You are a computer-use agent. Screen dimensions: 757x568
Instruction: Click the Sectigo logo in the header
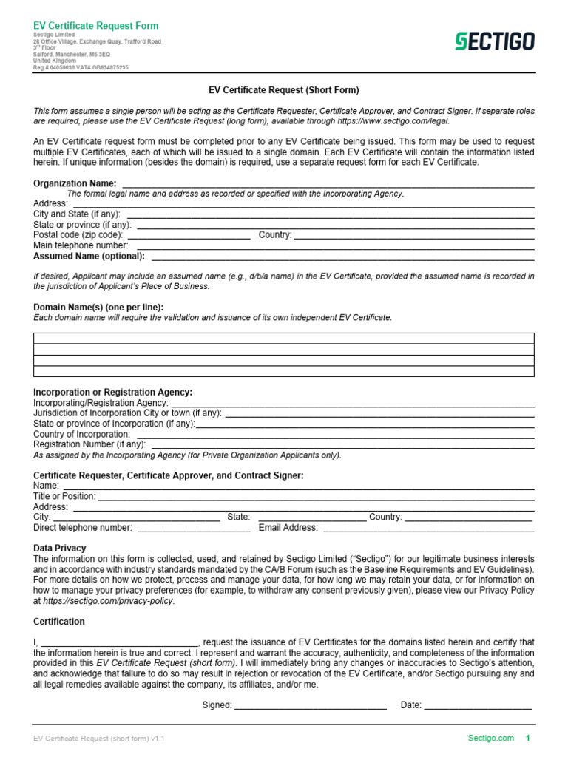click(493, 42)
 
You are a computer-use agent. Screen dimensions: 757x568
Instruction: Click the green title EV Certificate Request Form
click(96, 26)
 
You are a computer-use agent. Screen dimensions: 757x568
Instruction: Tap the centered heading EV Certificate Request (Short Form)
click(284, 90)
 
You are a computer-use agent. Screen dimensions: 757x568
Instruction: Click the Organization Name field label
click(75, 183)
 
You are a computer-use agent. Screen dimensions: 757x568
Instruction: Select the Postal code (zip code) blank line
click(194, 237)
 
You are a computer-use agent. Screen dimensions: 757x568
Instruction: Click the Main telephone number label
click(81, 245)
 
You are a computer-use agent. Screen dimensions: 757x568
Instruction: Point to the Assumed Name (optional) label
click(89, 257)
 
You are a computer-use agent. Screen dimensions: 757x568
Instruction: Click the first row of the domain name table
click(284, 339)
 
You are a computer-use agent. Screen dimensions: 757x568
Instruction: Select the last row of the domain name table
click(284, 371)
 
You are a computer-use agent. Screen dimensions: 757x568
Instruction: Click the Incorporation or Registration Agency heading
click(113, 392)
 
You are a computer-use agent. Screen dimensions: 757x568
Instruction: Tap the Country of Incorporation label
click(82, 435)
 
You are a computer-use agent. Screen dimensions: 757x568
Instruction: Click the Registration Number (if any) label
click(89, 445)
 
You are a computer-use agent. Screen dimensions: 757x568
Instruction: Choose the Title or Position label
click(64, 497)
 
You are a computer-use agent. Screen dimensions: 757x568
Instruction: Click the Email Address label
click(288, 528)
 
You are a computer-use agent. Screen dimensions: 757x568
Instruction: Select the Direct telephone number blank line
click(194, 529)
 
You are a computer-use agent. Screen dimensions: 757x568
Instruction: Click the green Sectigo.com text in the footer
click(490, 738)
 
